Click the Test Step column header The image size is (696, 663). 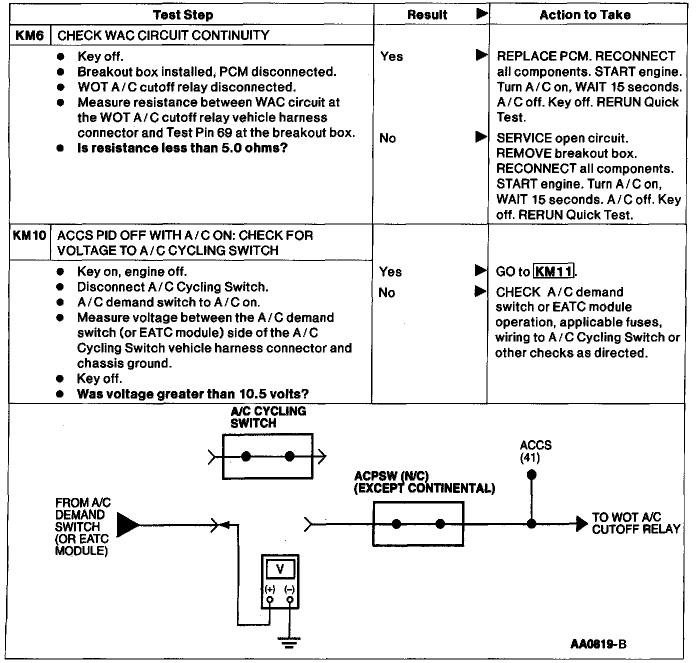183,15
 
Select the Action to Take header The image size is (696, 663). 584,15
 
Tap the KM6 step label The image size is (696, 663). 29,35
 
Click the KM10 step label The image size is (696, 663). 29,235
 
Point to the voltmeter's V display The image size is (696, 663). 280,569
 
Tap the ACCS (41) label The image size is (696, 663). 535,451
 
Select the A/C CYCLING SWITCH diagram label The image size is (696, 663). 267,417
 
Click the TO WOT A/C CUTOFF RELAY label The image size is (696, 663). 635,523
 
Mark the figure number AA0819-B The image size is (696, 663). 598,644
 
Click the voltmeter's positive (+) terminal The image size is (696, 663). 270,599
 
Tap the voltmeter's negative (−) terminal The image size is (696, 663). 289,599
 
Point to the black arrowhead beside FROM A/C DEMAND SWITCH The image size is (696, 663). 128,525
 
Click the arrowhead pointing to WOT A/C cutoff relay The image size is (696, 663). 581,523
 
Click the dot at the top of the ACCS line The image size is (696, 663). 532,474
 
